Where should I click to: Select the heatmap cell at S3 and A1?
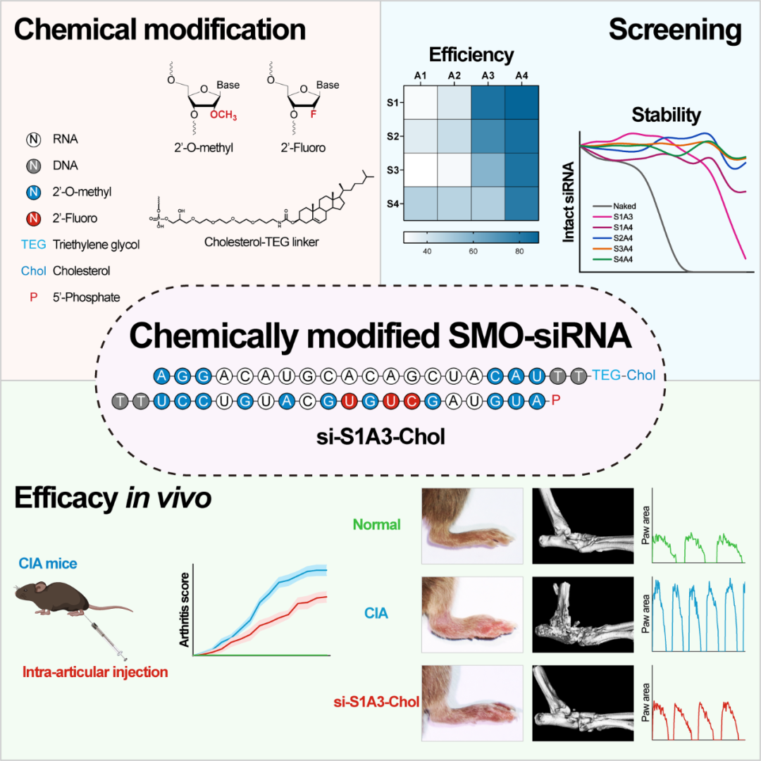pyautogui.click(x=420, y=171)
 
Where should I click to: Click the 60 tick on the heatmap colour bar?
pyautogui.click(x=474, y=252)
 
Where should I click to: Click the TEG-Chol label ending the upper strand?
pyautogui.click(x=624, y=376)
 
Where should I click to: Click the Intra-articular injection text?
pyautogui.click(x=95, y=672)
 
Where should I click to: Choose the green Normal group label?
pyautogui.click(x=377, y=524)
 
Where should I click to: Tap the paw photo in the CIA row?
pyautogui.click(x=471, y=610)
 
